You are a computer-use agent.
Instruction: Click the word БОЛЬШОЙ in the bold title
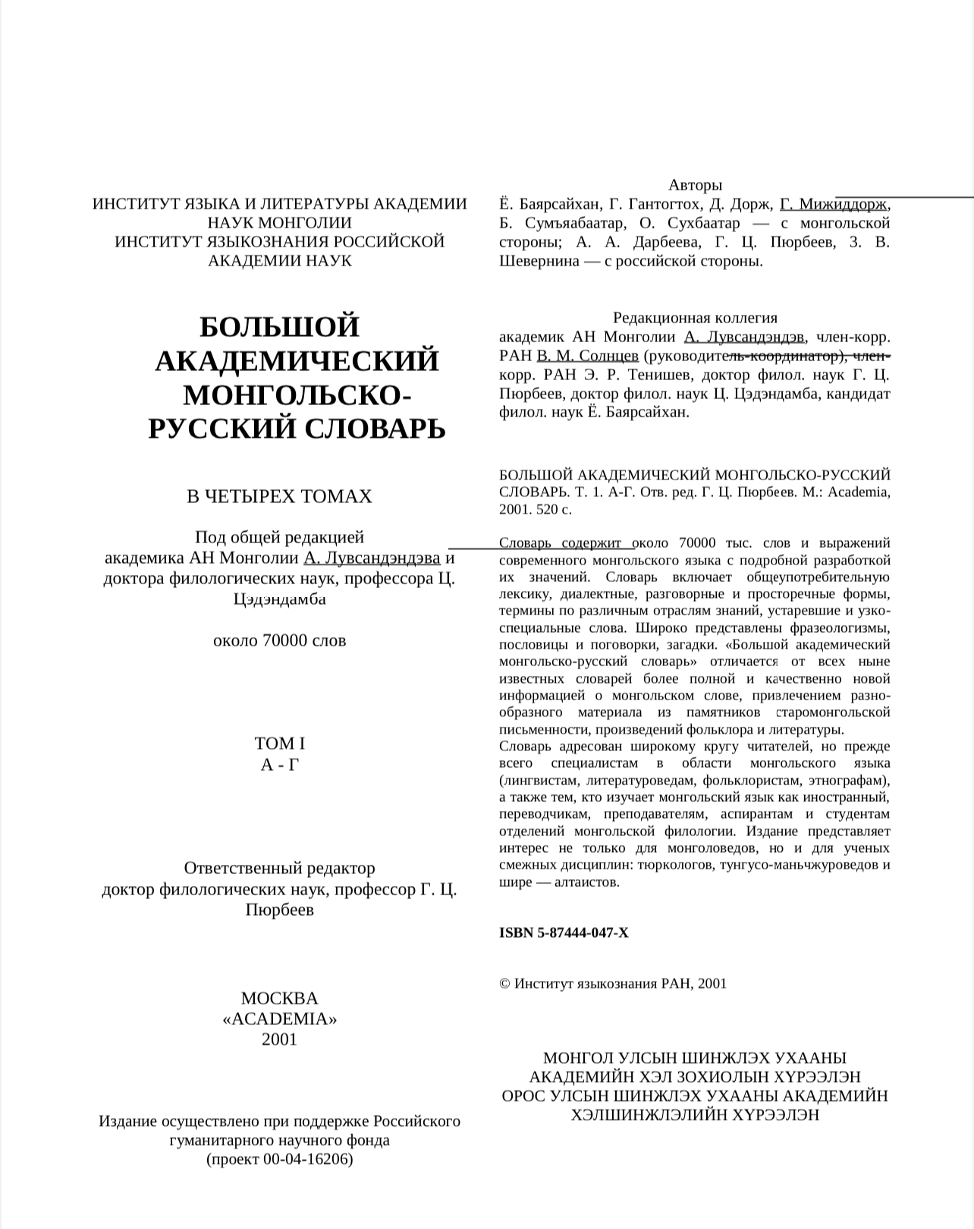coord(279,327)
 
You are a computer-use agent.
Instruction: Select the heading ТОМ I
coord(279,743)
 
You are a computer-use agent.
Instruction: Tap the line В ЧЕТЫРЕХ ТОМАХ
coord(279,496)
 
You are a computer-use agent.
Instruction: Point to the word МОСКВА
coord(279,998)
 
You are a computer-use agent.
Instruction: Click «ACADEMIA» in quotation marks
coord(279,1019)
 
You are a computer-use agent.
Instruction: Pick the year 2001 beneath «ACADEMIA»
coord(279,1039)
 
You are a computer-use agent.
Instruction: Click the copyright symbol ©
coord(504,984)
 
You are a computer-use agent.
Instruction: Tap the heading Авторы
coord(695,185)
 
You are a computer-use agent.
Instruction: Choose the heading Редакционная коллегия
coord(695,318)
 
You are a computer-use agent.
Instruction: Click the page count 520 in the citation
coord(547,509)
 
